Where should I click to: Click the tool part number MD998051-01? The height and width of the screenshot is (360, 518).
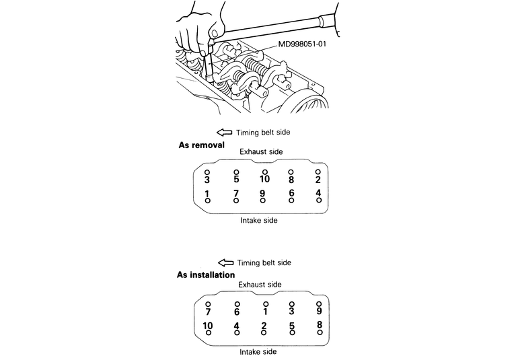pyautogui.click(x=302, y=44)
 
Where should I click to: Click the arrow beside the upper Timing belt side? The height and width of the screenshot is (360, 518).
pyautogui.click(x=224, y=133)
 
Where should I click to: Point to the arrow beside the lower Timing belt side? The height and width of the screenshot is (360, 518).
pyautogui.click(x=225, y=262)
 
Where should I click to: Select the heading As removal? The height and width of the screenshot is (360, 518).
pyautogui.click(x=202, y=145)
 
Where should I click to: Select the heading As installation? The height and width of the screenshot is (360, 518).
pyautogui.click(x=206, y=275)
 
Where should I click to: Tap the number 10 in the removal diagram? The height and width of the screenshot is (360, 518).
pyautogui.click(x=264, y=179)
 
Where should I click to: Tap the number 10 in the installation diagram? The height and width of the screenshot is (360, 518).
pyautogui.click(x=208, y=325)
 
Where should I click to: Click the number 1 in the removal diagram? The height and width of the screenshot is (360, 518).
pyautogui.click(x=207, y=194)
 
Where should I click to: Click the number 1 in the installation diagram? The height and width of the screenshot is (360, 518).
pyautogui.click(x=265, y=312)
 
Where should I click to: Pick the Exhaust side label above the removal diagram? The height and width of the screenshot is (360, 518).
pyautogui.click(x=261, y=151)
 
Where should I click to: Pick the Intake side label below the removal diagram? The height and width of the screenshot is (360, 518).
pyautogui.click(x=259, y=221)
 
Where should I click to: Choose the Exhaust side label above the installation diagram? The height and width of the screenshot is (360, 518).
pyautogui.click(x=260, y=285)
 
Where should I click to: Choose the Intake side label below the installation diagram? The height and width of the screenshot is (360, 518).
pyautogui.click(x=258, y=352)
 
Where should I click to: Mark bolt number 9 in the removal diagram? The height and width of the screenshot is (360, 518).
pyautogui.click(x=262, y=193)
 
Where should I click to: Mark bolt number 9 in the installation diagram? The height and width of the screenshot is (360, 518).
pyautogui.click(x=319, y=311)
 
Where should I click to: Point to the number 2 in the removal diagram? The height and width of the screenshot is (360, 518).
pyautogui.click(x=318, y=180)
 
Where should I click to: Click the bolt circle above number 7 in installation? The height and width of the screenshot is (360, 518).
pyautogui.click(x=208, y=304)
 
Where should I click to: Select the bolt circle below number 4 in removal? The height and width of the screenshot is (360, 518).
pyautogui.click(x=319, y=200)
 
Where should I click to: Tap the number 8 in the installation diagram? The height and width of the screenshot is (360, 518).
pyautogui.click(x=320, y=324)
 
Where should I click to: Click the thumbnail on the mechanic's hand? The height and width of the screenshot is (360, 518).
pyautogui.click(x=215, y=34)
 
